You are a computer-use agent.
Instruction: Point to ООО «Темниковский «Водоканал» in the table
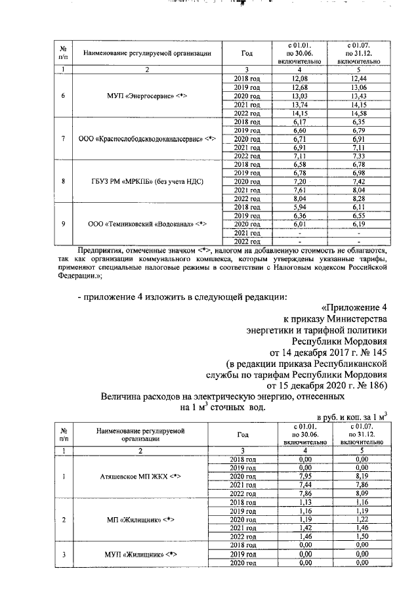147,224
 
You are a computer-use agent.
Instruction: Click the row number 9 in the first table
62,224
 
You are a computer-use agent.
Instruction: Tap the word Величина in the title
124,397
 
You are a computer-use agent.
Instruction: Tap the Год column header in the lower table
242,435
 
